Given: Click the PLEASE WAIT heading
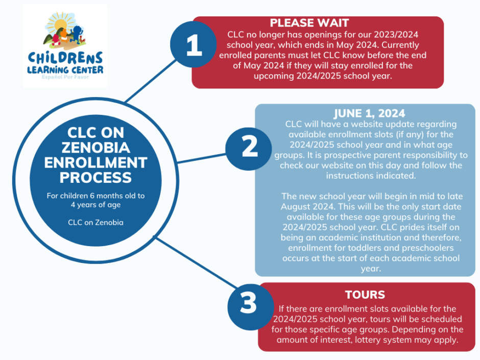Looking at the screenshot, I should [309, 22].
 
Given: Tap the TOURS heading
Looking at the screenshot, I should [365, 295].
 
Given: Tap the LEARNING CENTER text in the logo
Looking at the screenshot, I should [65, 70].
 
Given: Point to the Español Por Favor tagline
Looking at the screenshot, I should [65, 79].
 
